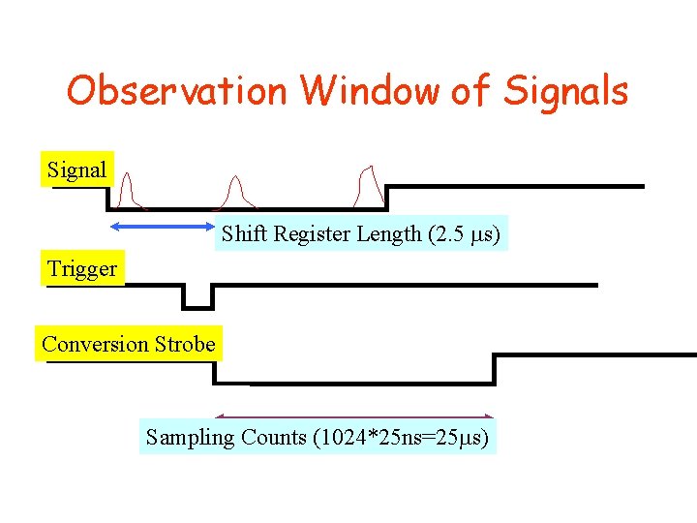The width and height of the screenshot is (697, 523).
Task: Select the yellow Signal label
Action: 76,169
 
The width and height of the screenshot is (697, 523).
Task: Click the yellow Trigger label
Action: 82,268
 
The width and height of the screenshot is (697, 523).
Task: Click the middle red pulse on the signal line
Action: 234,192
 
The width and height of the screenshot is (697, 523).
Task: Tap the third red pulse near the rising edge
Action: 367,186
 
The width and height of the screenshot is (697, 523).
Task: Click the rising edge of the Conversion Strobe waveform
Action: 495,369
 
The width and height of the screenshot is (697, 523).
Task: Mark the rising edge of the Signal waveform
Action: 386,197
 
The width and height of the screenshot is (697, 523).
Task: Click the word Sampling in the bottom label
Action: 190,437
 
